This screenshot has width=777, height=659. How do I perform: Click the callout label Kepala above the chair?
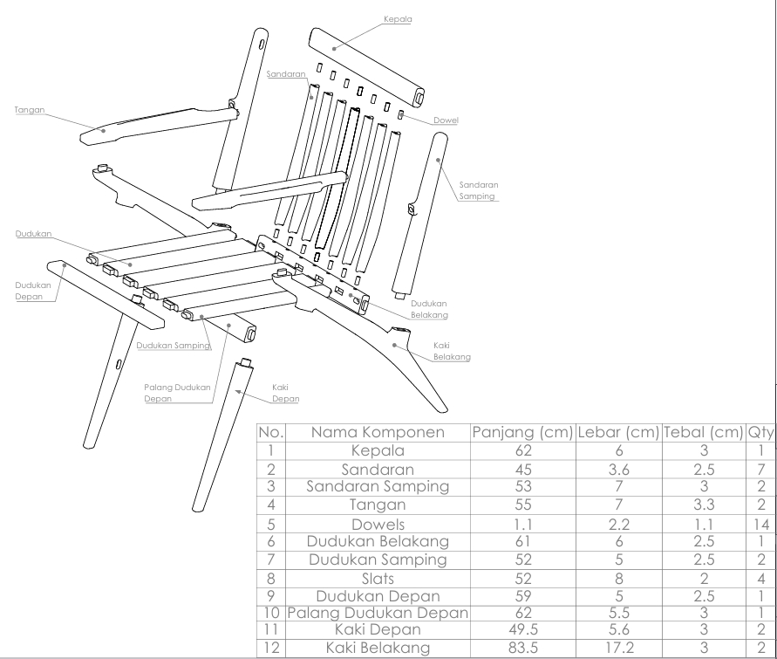click(x=398, y=17)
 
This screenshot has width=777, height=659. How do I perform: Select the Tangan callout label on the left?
click(x=30, y=110)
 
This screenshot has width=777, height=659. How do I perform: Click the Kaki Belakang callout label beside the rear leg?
click(x=452, y=351)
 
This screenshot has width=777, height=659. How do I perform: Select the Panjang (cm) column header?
click(x=522, y=433)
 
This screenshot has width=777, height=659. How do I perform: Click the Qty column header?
click(x=760, y=433)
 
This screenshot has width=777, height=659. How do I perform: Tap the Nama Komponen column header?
click(x=378, y=433)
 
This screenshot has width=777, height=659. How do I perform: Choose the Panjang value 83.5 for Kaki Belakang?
click(x=522, y=648)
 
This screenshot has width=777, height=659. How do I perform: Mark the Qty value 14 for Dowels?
click(x=760, y=524)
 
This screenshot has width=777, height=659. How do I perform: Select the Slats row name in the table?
click(x=378, y=578)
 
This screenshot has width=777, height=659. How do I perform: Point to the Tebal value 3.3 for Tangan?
click(x=703, y=505)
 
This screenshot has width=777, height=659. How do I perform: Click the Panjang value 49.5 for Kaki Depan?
click(x=522, y=629)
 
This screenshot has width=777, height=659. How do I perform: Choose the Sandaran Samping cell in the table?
click(x=378, y=486)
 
